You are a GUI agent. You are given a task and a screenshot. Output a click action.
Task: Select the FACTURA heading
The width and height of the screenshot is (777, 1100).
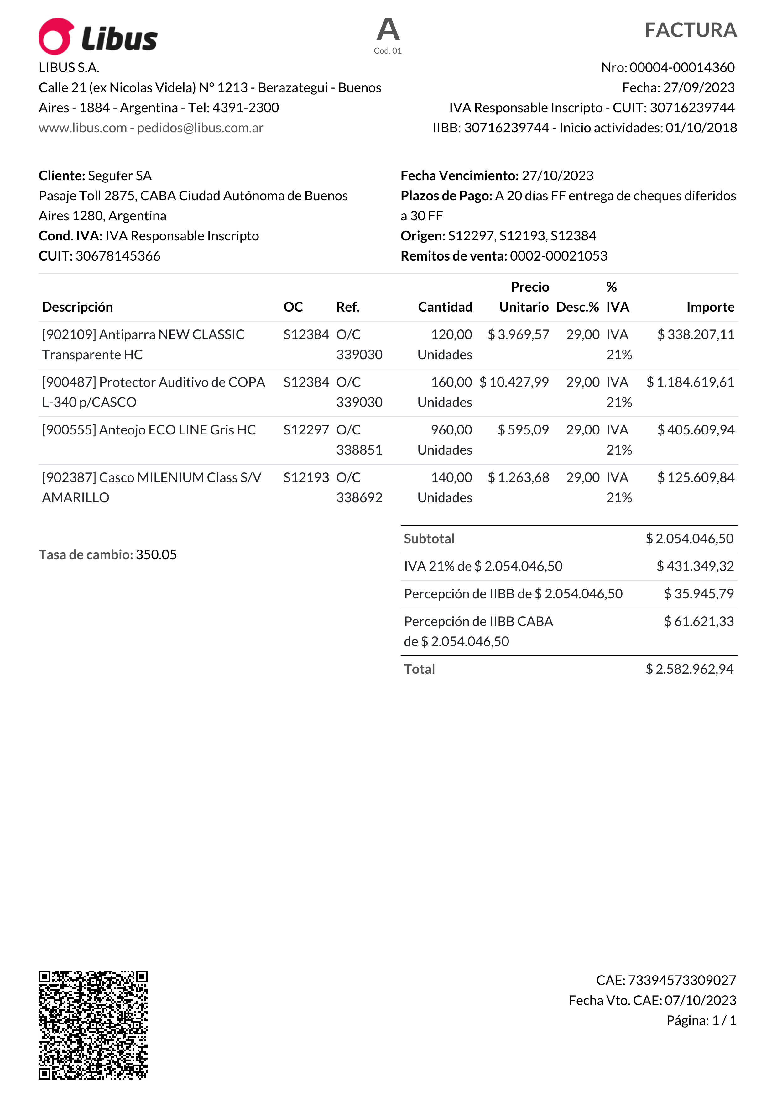tap(690, 30)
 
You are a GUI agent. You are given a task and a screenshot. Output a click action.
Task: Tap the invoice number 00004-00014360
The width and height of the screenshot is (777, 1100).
tap(682, 67)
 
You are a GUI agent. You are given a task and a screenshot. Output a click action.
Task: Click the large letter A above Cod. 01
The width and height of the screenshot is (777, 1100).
tap(388, 30)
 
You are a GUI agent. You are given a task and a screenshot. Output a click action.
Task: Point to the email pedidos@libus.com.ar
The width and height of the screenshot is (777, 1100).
tap(200, 128)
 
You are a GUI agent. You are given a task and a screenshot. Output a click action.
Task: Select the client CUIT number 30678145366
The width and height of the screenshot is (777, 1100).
tap(118, 256)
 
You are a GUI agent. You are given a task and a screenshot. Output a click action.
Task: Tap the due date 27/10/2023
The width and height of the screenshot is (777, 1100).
tap(557, 176)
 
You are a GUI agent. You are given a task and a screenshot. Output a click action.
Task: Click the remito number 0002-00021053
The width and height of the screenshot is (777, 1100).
tap(558, 256)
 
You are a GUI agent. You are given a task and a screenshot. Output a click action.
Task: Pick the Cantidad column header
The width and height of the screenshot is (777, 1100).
tap(445, 307)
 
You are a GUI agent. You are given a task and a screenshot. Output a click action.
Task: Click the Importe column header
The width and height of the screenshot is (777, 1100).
tap(710, 307)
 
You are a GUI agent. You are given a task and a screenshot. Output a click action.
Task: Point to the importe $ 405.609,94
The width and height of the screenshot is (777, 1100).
tap(696, 430)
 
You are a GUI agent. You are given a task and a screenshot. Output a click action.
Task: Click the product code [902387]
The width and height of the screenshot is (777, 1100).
tap(69, 478)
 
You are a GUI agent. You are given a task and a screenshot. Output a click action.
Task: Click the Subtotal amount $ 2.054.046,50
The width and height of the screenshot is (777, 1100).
tap(689, 539)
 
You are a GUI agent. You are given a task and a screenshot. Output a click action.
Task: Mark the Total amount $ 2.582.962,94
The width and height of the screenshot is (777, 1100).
tap(689, 669)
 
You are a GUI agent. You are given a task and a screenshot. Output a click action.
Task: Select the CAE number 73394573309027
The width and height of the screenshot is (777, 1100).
tap(682, 980)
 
